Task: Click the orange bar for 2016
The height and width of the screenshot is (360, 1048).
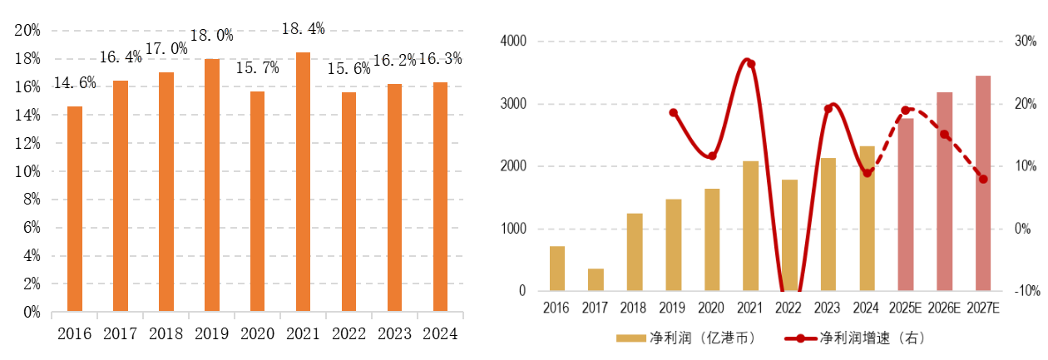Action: click(x=75, y=209)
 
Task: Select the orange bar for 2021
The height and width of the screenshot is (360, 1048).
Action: click(x=303, y=182)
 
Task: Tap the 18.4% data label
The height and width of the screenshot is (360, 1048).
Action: click(x=303, y=29)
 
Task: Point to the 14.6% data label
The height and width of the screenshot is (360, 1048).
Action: click(x=75, y=83)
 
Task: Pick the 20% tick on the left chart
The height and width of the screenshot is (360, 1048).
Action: click(x=27, y=31)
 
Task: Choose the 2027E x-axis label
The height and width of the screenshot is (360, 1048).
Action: click(x=984, y=308)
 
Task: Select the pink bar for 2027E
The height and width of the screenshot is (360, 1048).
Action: click(x=983, y=183)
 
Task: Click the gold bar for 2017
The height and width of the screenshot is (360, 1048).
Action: click(x=596, y=279)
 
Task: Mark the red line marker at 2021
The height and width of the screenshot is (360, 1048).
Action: click(x=751, y=63)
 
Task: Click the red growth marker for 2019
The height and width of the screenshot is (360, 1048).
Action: click(x=674, y=113)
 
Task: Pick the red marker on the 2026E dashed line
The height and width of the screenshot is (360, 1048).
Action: click(x=945, y=134)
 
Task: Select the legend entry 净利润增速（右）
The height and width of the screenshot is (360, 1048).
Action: click(x=857, y=338)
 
